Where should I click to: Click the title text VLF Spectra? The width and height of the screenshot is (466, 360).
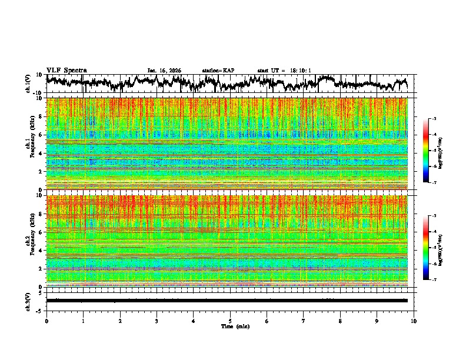tap(66, 70)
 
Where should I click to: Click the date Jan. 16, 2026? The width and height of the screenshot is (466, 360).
tap(164, 71)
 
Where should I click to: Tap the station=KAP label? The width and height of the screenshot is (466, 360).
tap(218, 71)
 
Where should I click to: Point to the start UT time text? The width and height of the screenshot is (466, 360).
tap(284, 71)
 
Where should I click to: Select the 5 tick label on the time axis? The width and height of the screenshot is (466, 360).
tap(231, 321)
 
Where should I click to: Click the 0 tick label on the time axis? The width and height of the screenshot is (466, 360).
tap(46, 321)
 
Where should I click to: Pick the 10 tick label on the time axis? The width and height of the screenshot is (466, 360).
tap(414, 321)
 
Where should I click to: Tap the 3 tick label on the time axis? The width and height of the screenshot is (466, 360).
tap(157, 321)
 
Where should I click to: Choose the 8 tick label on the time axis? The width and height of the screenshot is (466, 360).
tap(341, 321)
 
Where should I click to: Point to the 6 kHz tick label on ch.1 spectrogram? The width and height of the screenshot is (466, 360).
tap(42, 135)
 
